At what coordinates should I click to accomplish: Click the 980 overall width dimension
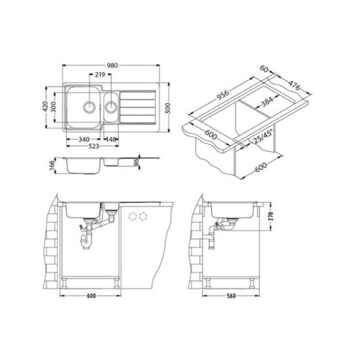112,66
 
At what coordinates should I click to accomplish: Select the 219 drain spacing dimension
100,75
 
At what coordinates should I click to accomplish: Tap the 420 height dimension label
45,107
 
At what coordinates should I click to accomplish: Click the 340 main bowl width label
84,139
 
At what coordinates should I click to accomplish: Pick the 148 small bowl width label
111,139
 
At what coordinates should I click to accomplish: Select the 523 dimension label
94,146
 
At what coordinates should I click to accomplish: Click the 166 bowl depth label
52,166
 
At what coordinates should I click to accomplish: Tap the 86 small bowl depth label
136,161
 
